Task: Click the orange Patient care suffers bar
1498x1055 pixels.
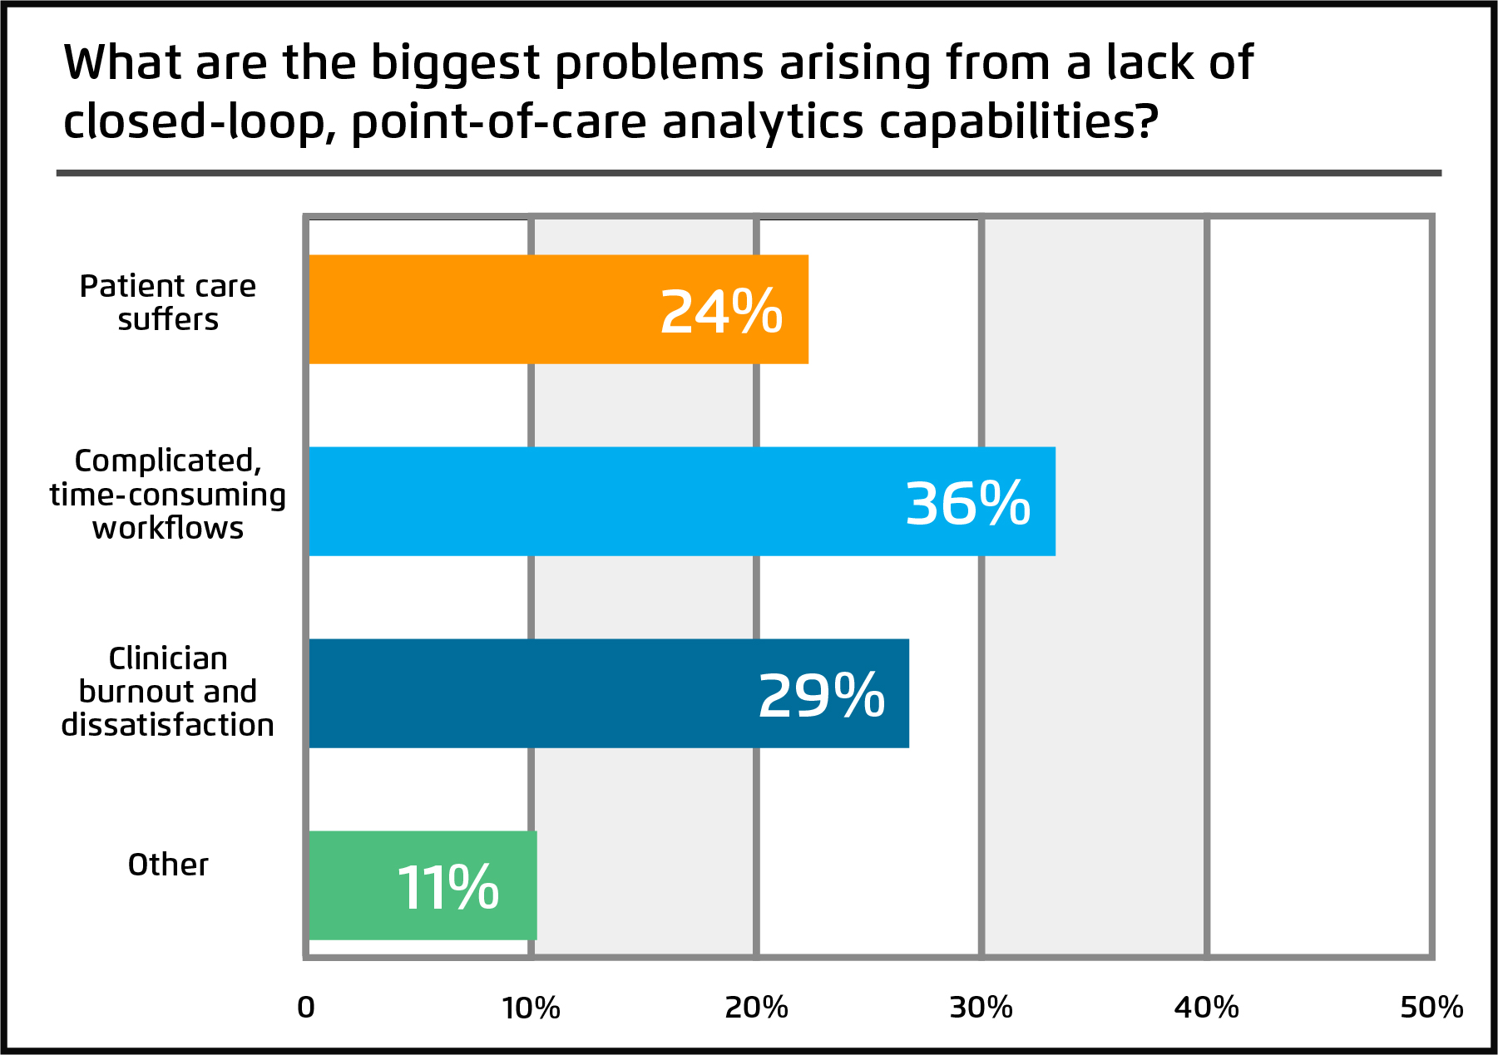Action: (499, 309)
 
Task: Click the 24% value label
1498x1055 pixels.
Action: (721, 312)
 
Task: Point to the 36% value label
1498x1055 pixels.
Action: (967, 504)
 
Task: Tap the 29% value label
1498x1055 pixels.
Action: (821, 696)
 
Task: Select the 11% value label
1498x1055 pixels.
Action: (447, 888)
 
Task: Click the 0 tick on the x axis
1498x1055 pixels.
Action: (306, 1008)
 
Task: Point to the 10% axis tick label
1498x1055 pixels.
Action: (531, 1008)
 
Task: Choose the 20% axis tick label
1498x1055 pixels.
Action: (756, 1008)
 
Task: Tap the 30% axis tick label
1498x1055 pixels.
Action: (981, 1008)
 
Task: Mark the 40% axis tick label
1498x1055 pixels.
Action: (1206, 1008)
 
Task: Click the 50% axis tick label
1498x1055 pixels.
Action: (1431, 1008)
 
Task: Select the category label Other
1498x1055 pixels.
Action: (168, 865)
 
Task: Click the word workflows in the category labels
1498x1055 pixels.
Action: (168, 529)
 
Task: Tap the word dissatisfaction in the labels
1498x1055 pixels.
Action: (168, 725)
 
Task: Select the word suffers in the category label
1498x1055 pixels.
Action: (168, 319)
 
